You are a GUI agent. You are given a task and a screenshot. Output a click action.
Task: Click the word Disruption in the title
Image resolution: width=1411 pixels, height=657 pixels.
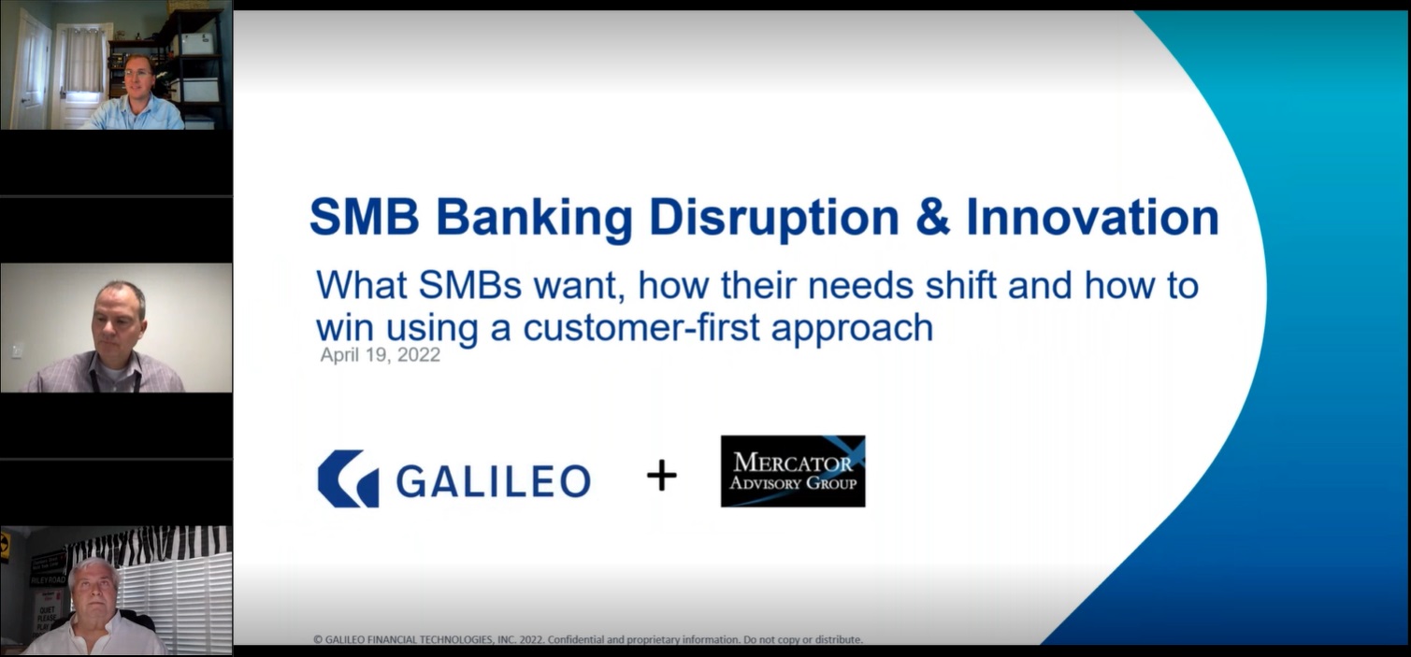773,219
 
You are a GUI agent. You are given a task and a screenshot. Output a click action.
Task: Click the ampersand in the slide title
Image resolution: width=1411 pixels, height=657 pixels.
932,218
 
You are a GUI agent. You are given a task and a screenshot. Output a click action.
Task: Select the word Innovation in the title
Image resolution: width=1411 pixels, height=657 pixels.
1093,218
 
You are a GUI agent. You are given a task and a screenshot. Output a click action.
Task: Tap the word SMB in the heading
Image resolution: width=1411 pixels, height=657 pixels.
365,218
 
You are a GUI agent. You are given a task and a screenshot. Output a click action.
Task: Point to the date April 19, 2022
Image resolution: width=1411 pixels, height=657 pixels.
380,355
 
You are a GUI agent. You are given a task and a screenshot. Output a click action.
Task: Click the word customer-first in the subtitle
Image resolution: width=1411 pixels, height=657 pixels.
641,327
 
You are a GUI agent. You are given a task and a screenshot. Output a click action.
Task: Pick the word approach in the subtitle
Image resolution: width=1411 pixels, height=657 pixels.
852,329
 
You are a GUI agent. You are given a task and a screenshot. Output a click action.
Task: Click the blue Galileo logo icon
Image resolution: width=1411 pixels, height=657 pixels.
349,478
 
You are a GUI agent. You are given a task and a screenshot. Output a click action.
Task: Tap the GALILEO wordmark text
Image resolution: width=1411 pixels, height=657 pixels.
493,480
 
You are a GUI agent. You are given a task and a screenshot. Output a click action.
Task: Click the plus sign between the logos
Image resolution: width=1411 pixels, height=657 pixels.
661,475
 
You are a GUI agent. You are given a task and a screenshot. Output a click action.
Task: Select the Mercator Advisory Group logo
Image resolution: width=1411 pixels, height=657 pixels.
793,471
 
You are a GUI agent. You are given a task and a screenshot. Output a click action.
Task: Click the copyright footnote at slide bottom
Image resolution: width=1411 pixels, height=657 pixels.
588,639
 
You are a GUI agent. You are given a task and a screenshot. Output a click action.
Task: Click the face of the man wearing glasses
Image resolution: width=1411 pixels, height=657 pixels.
138,77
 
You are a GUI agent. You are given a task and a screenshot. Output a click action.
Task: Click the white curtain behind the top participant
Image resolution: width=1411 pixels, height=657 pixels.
84,61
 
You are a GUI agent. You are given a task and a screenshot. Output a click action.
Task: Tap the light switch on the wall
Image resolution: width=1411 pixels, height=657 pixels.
18,350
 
